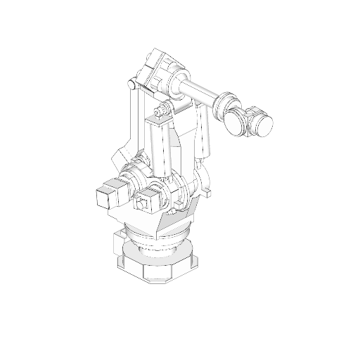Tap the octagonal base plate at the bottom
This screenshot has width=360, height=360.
[x=158, y=270]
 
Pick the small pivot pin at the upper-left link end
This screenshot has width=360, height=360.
[x=130, y=85]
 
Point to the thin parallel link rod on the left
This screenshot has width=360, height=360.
[x=133, y=116]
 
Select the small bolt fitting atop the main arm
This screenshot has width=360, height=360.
[x=162, y=110]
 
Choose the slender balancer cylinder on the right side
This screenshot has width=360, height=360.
[x=205, y=130]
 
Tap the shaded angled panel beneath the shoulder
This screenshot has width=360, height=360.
[x=173, y=221]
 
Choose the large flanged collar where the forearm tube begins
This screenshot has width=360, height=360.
[x=176, y=83]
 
